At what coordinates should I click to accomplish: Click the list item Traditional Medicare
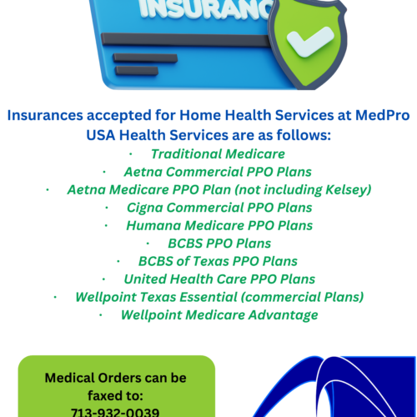click(218, 153)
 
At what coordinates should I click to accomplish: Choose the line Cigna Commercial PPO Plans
click(219, 207)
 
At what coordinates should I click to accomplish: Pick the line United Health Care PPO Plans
click(219, 279)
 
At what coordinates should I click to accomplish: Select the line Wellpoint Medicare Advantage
click(219, 314)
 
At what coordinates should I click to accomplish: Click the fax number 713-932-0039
click(117, 411)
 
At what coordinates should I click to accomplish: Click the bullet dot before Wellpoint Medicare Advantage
click(101, 315)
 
